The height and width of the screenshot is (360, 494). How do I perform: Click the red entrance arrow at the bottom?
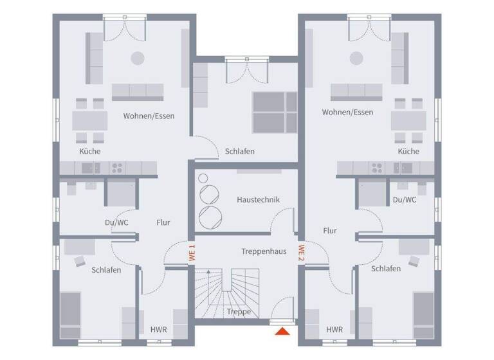[x=281, y=332]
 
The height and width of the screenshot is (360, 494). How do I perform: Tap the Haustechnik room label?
[x=258, y=200]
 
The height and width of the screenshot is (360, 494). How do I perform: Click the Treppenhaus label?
[x=264, y=251]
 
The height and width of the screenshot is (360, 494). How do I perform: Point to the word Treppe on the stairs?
[x=239, y=312]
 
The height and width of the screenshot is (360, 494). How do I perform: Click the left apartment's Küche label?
[x=90, y=152]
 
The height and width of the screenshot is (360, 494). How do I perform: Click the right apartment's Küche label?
[x=408, y=152]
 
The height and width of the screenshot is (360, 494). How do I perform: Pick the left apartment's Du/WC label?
[x=116, y=222]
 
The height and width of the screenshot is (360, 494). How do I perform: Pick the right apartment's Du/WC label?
[x=405, y=200]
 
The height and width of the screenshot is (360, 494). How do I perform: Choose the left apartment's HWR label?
[x=158, y=330]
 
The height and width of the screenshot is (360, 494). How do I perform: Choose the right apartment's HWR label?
[x=334, y=330]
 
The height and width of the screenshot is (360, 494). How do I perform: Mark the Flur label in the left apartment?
[x=163, y=222]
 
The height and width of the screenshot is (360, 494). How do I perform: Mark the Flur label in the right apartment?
[x=330, y=230]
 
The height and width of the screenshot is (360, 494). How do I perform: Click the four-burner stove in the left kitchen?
[x=117, y=168]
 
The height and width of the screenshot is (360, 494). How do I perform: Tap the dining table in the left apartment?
[x=90, y=120]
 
